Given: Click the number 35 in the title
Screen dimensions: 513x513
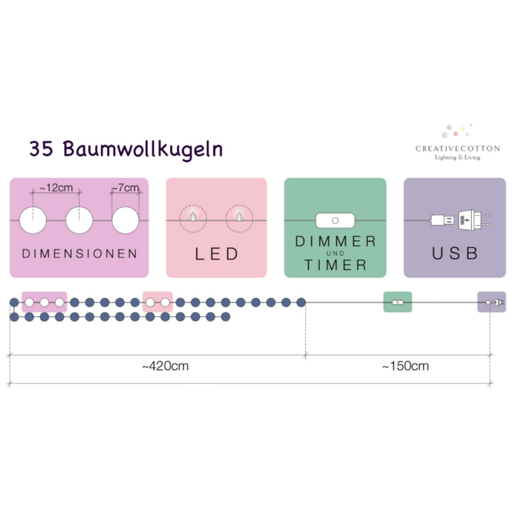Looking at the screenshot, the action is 41,149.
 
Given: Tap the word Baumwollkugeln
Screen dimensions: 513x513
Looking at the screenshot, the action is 143,150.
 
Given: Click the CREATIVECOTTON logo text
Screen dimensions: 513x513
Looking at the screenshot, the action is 457,149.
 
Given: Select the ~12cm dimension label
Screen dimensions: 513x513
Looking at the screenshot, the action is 56,188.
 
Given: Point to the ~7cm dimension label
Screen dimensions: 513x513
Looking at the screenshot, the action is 126,188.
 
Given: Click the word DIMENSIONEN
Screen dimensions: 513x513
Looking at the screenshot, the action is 80,254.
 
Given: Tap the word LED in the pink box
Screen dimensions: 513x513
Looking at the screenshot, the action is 216,254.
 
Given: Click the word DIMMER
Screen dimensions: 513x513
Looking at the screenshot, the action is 336,241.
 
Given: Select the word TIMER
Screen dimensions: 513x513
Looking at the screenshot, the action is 335,265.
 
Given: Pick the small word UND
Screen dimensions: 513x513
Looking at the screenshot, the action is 335,253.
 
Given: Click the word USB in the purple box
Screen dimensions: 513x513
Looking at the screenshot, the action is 455,253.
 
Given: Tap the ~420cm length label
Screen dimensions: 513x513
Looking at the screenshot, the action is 165,366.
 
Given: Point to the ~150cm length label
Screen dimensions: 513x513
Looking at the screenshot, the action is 405,366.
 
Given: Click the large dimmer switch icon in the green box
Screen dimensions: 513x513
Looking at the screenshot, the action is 335,221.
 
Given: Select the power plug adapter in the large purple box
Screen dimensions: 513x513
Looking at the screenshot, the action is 475,220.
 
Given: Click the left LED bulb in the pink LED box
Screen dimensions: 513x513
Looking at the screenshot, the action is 193,216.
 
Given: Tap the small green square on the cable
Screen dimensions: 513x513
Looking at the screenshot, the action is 398,302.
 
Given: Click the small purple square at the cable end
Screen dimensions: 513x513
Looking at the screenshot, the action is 492,302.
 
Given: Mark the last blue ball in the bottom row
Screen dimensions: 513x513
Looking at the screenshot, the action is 226,316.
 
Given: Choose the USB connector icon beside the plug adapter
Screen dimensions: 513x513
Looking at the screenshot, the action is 442,221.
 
